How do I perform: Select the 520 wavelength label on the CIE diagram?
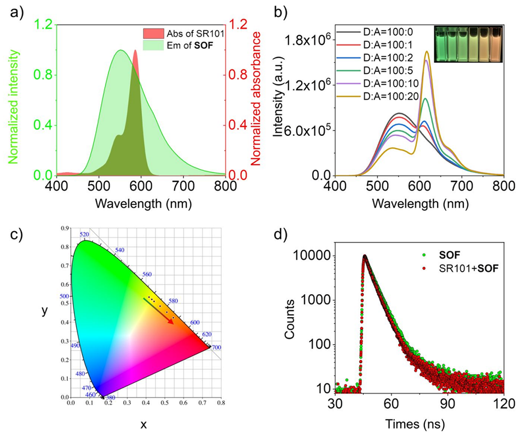tap(84, 234)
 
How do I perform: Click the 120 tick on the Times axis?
tap(503, 404)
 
